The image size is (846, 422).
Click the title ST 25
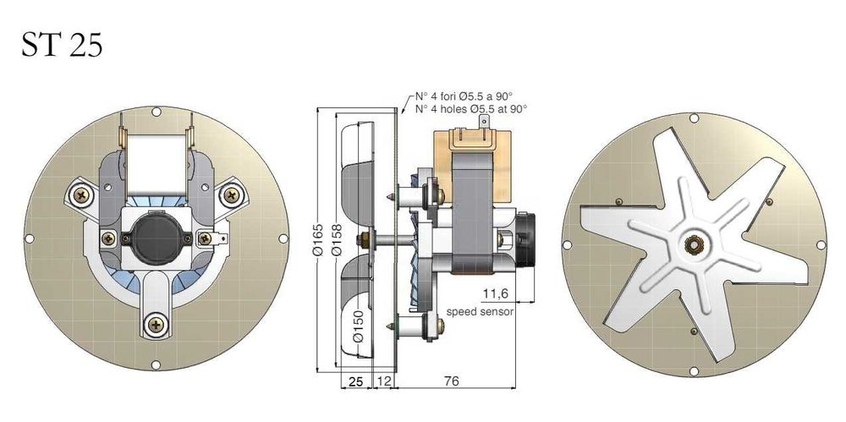62,44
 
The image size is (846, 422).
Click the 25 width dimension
356,381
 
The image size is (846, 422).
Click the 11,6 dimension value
495,293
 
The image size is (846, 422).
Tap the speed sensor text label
480,311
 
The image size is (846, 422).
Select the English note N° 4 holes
470,108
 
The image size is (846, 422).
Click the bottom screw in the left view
156,322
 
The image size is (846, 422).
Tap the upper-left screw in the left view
81,195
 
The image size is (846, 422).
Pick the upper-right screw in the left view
230,195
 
